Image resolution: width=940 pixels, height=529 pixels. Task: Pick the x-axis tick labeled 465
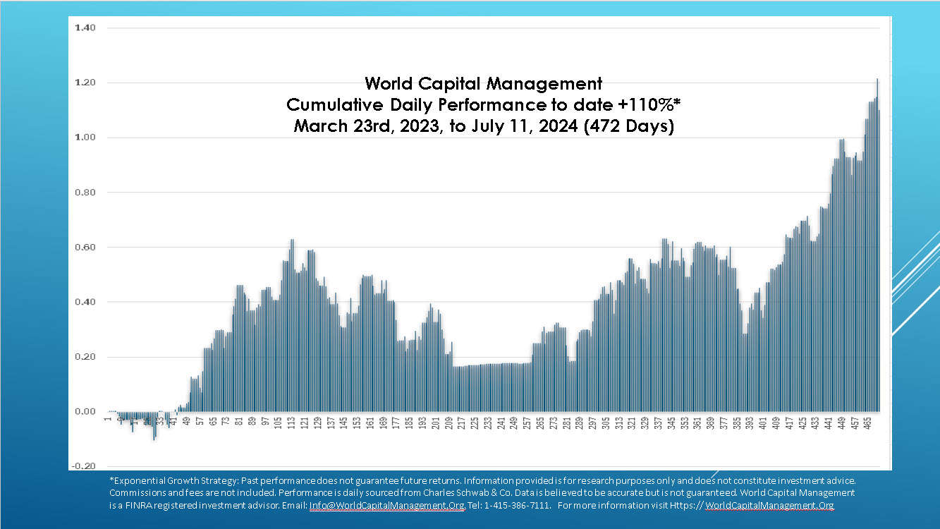click(868, 424)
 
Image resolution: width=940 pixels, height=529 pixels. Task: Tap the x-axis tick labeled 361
click(697, 424)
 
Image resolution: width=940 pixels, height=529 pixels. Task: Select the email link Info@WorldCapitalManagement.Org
click(386, 506)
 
